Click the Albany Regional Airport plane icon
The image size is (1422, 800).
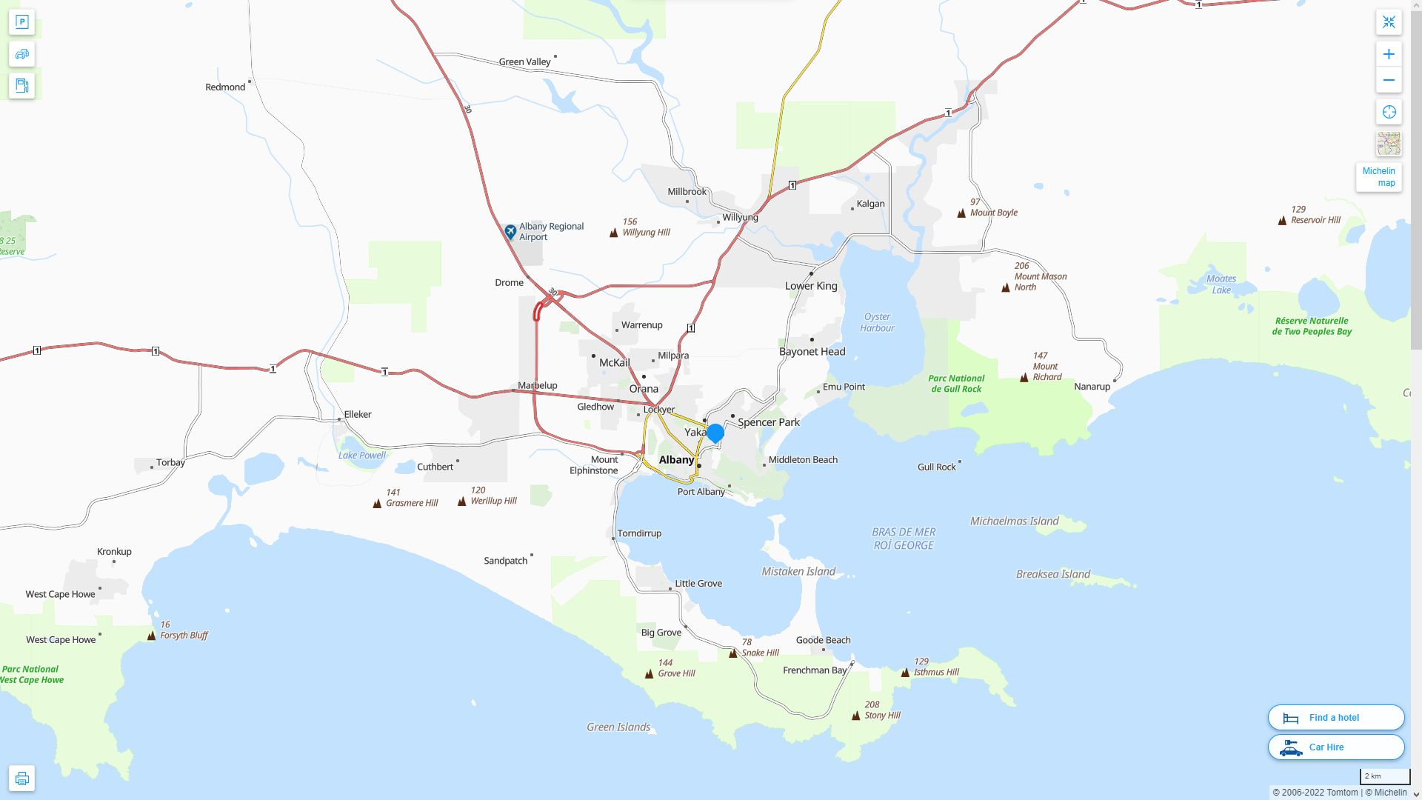click(x=510, y=232)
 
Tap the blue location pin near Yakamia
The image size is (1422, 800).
click(x=715, y=433)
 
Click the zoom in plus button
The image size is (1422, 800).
click(x=1389, y=54)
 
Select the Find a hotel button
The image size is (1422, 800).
click(x=1335, y=717)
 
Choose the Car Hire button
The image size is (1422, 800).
click(x=1335, y=747)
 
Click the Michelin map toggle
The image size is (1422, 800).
click(x=1378, y=177)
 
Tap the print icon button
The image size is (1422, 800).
click(x=21, y=778)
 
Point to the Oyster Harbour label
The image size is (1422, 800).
click(x=878, y=322)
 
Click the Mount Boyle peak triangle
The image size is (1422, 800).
click(x=961, y=213)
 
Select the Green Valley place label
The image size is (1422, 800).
click(x=524, y=62)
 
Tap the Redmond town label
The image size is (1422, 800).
click(x=225, y=87)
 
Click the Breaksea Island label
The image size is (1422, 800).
click(x=1052, y=574)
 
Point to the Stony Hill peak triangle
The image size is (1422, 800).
click(x=856, y=716)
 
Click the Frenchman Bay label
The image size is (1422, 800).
click(x=815, y=670)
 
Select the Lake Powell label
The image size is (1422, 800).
click(x=362, y=456)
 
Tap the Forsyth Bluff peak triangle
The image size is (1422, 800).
click(x=152, y=636)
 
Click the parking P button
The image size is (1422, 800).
click(x=21, y=22)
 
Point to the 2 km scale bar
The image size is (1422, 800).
click(x=1384, y=777)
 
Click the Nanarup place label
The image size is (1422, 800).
click(x=1092, y=387)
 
